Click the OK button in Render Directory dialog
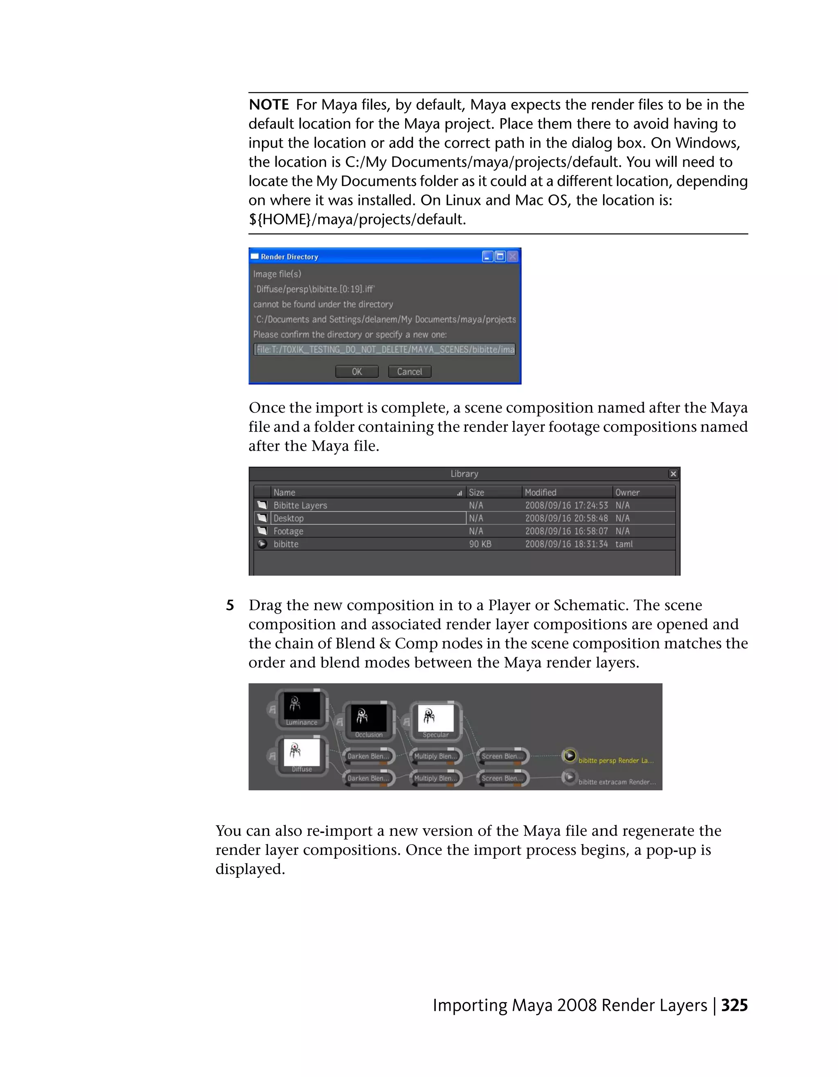point(357,371)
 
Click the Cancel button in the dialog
point(409,371)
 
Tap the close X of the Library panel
point(673,474)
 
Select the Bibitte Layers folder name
point(300,506)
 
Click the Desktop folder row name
point(288,518)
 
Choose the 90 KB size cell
point(480,544)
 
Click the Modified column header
point(540,492)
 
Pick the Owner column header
point(627,492)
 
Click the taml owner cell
point(624,544)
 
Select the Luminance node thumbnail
point(302,706)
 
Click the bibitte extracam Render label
point(617,782)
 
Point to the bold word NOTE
point(269,105)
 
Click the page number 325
point(734,1005)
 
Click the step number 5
point(230,605)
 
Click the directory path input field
point(385,350)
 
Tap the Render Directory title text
point(290,257)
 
